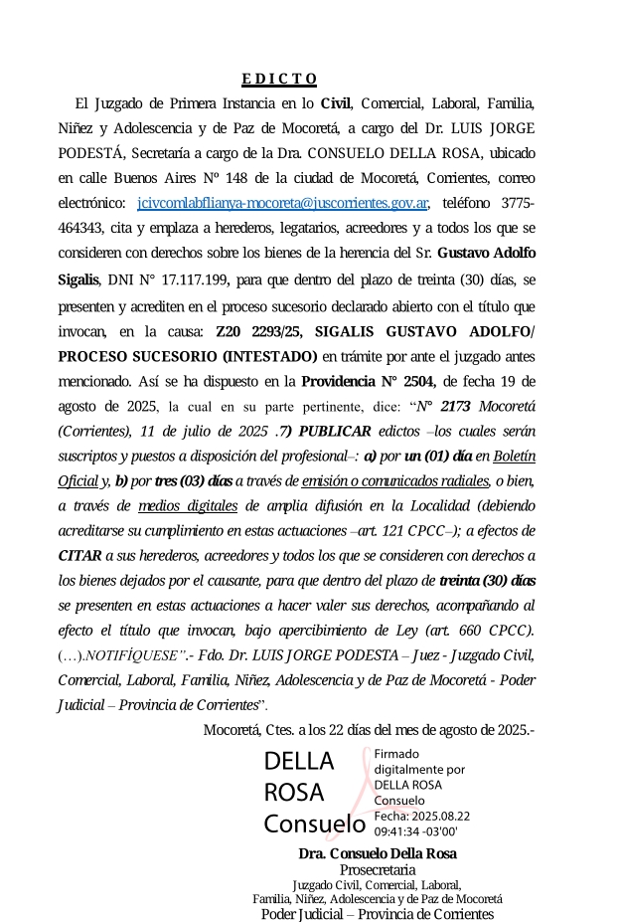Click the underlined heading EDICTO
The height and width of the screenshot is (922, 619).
click(279, 79)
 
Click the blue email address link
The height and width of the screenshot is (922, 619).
click(283, 203)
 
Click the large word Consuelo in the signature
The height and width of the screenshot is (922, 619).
click(314, 825)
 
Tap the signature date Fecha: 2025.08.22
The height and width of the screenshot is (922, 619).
click(421, 816)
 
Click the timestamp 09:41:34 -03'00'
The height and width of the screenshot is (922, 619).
click(415, 830)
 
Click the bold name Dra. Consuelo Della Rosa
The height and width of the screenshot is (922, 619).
click(377, 854)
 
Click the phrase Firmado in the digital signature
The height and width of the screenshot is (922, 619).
click(396, 754)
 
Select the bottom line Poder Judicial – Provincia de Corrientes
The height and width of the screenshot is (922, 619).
click(377, 914)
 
